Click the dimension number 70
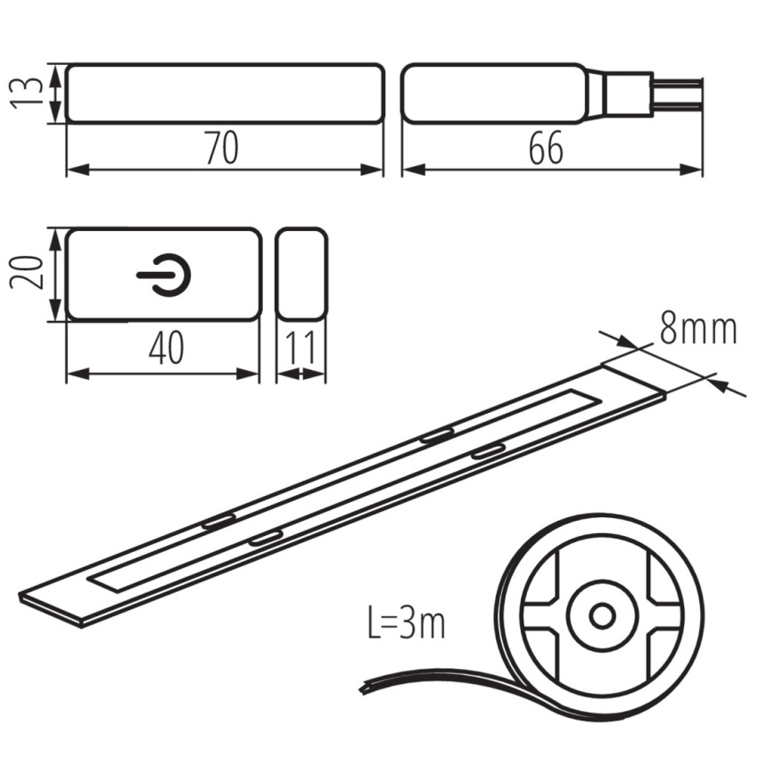tap(222, 147)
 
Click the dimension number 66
tap(547, 147)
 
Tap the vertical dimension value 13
tap(27, 94)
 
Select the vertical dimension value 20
tap(27, 273)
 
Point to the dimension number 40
tap(167, 349)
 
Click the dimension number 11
tap(301, 348)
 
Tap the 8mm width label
tap(698, 330)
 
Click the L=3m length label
tap(406, 622)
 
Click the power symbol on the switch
tap(164, 275)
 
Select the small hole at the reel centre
tap(602, 616)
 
